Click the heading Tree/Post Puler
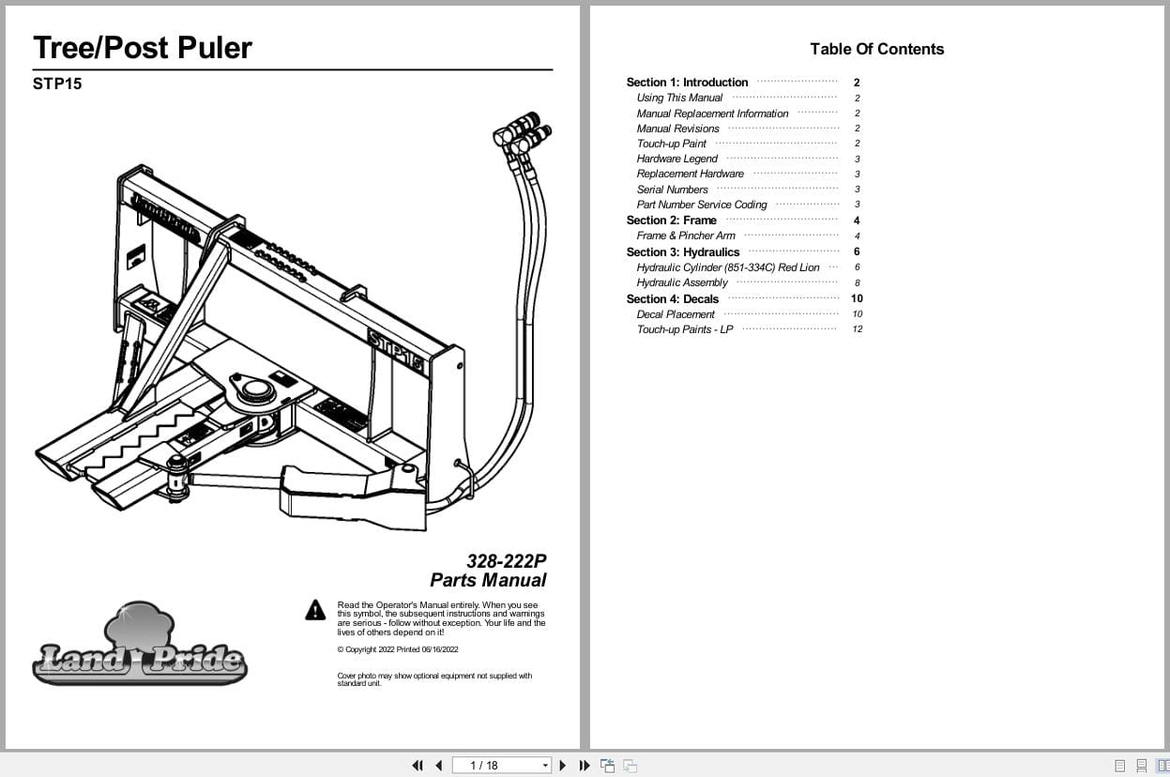(143, 48)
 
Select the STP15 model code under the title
(57, 84)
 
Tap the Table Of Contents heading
(876, 50)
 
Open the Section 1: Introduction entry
(687, 83)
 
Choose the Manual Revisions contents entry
(677, 129)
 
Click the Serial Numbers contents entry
(672, 190)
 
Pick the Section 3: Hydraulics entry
(682, 251)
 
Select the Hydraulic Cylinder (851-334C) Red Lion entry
(727, 267)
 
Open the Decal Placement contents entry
(675, 314)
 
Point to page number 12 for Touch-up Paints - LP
(857, 329)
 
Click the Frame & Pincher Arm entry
(686, 236)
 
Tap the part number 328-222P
(506, 561)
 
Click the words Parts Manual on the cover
(488, 580)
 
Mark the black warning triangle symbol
(315, 611)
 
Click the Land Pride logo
(139, 647)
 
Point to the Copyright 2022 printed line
(397, 649)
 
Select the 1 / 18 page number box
(501, 765)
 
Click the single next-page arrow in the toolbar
(563, 765)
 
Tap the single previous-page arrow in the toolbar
(438, 765)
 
